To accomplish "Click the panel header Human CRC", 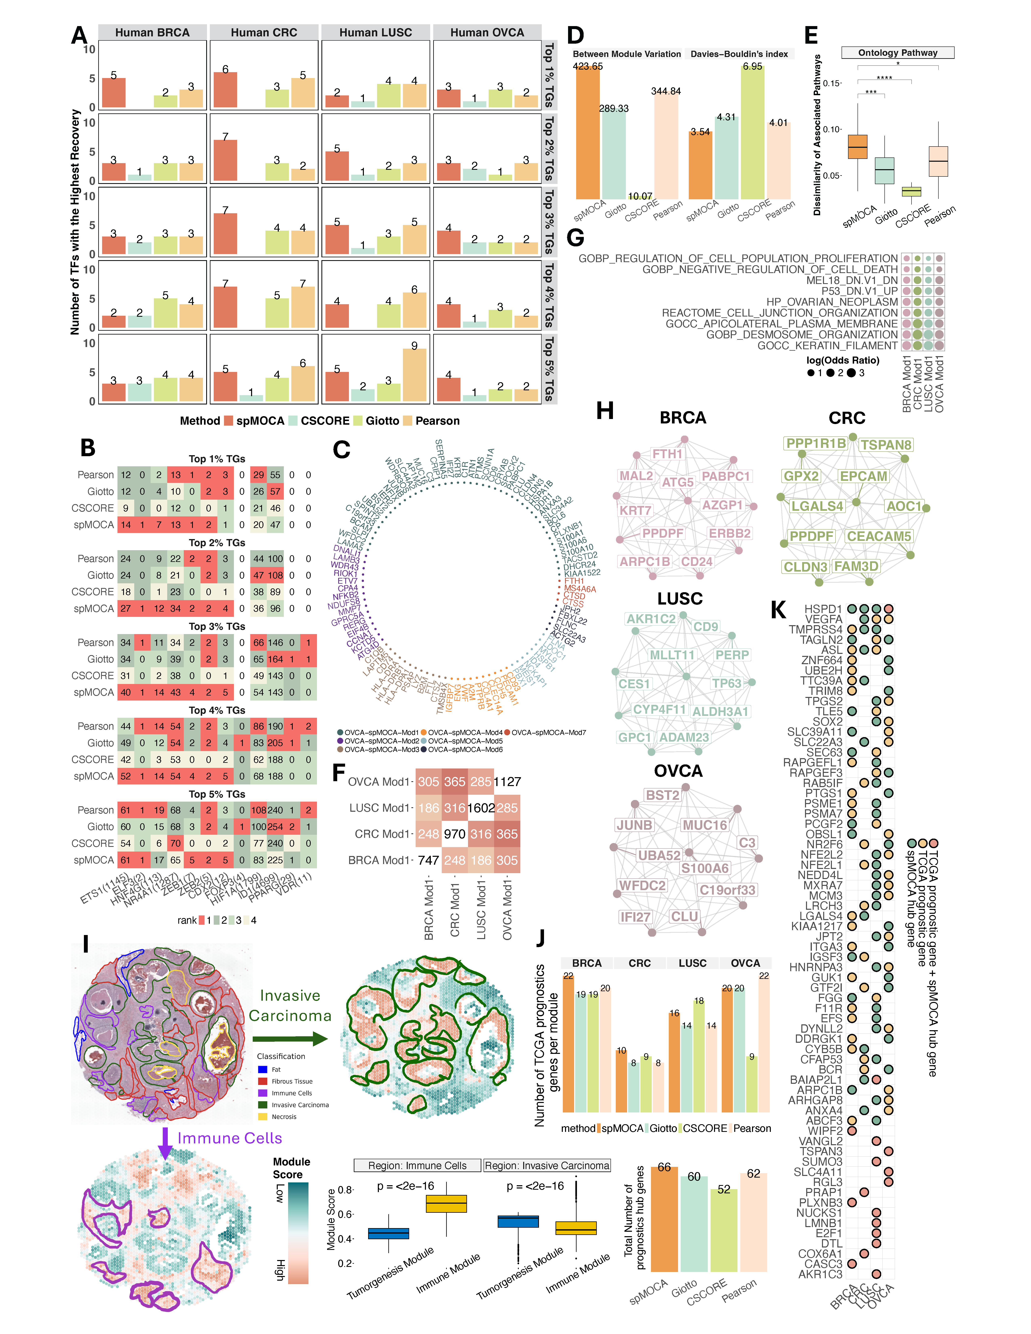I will (264, 32).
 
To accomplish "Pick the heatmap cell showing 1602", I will (481, 807).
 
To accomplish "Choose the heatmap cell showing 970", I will (454, 834).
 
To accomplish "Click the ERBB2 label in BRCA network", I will (729, 533).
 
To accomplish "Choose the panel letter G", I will (575, 238).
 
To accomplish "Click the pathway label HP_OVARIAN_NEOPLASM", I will (832, 302).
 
